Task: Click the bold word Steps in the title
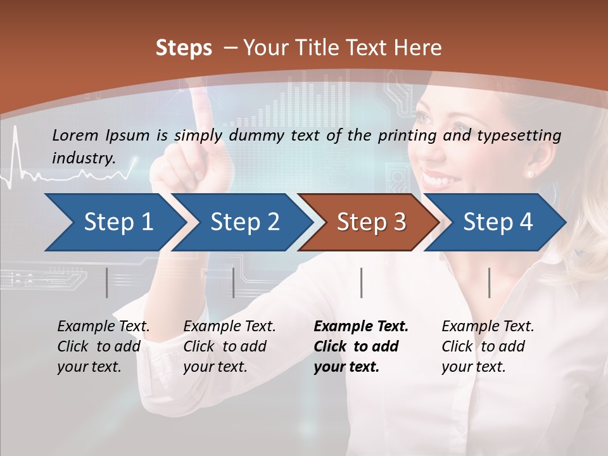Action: tap(184, 48)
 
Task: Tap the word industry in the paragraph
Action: tap(83, 158)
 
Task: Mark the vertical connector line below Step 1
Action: tap(106, 282)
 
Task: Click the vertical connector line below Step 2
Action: tap(234, 282)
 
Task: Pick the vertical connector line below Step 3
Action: tap(361, 282)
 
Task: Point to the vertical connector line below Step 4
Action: tap(489, 282)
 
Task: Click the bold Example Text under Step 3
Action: tap(361, 327)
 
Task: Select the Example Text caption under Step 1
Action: tap(103, 327)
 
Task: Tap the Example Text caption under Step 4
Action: tap(488, 327)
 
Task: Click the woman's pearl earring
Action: tap(530, 174)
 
